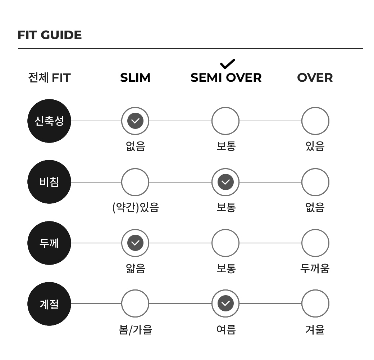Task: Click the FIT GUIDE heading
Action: click(50, 35)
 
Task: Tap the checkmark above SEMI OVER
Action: click(228, 64)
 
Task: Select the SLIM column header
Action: click(135, 78)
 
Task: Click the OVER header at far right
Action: click(315, 78)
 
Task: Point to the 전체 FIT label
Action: click(49, 78)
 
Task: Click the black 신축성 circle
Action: click(49, 121)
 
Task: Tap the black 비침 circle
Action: click(49, 182)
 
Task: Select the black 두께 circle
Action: click(49, 243)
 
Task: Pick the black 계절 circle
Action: click(49, 304)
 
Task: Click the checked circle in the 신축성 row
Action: click(135, 121)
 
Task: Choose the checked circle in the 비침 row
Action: click(225, 182)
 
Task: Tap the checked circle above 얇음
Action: click(135, 243)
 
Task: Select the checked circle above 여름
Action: click(225, 303)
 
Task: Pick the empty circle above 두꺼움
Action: click(315, 229)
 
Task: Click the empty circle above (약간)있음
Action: click(135, 168)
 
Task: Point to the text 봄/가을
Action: click(136, 330)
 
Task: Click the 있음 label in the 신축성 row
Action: click(315, 146)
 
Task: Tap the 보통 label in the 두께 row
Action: click(226, 268)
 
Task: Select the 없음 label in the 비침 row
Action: click(315, 207)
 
